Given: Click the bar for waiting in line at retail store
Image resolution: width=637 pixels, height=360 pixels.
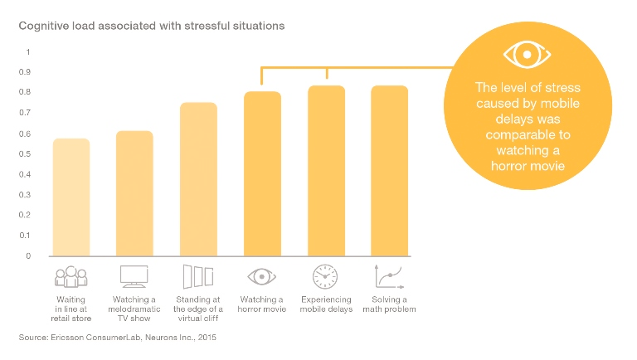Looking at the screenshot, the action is point(71,197).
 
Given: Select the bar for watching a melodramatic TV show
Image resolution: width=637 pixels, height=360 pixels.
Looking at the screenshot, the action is point(134,193).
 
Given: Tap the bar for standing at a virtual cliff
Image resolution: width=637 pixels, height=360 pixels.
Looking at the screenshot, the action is point(199,179).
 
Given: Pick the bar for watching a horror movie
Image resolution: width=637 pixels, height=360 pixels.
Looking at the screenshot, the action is point(262,174).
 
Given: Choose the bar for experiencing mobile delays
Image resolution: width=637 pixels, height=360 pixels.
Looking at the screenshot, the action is point(326,171).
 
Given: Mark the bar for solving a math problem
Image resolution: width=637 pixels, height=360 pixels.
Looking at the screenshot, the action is point(390,171).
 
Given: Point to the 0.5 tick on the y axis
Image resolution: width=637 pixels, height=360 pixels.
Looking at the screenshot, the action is point(25,154).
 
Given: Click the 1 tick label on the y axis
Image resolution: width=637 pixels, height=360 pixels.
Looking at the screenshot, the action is point(28,52).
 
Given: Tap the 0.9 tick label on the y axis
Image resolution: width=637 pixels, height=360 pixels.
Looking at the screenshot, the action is point(25,72).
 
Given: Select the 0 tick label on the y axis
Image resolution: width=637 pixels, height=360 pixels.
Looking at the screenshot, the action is point(28,256).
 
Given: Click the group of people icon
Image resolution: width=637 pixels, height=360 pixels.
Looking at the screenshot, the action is point(71,277).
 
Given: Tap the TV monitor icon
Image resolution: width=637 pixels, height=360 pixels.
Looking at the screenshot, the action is point(134,276).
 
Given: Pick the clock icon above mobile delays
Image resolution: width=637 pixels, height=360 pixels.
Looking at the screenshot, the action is point(325,277).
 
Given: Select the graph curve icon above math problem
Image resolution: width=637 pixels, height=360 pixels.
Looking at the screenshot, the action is point(389,277).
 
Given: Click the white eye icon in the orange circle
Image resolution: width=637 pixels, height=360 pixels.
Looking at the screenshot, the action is point(527,55).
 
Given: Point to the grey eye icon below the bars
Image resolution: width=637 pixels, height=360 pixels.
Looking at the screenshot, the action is point(261,277).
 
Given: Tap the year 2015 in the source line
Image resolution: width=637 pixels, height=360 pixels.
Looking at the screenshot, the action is point(207,338).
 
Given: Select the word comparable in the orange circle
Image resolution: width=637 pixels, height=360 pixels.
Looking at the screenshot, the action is point(528,135).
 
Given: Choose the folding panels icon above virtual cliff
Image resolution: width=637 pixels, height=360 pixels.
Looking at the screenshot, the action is point(198,277).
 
